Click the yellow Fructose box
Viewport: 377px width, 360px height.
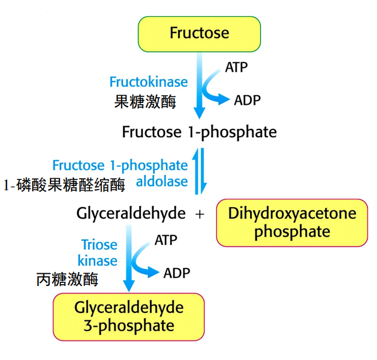[199, 33]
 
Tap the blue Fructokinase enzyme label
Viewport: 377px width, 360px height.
[148, 82]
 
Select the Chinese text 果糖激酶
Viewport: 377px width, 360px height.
[145, 102]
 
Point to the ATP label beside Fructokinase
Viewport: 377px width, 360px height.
[236, 67]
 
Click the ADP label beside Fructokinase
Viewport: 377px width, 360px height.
[247, 101]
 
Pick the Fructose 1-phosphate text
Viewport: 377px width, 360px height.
[199, 132]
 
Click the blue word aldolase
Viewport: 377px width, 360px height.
[162, 181]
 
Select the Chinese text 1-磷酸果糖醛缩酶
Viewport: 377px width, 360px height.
[64, 185]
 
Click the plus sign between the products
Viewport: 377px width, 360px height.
[201, 214]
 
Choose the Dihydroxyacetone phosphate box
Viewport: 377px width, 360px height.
[291, 222]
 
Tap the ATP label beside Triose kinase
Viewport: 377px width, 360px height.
[166, 240]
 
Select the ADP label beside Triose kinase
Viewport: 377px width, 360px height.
[176, 273]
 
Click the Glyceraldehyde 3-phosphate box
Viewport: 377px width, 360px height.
[129, 317]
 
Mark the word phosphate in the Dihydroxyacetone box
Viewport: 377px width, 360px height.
[291, 232]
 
